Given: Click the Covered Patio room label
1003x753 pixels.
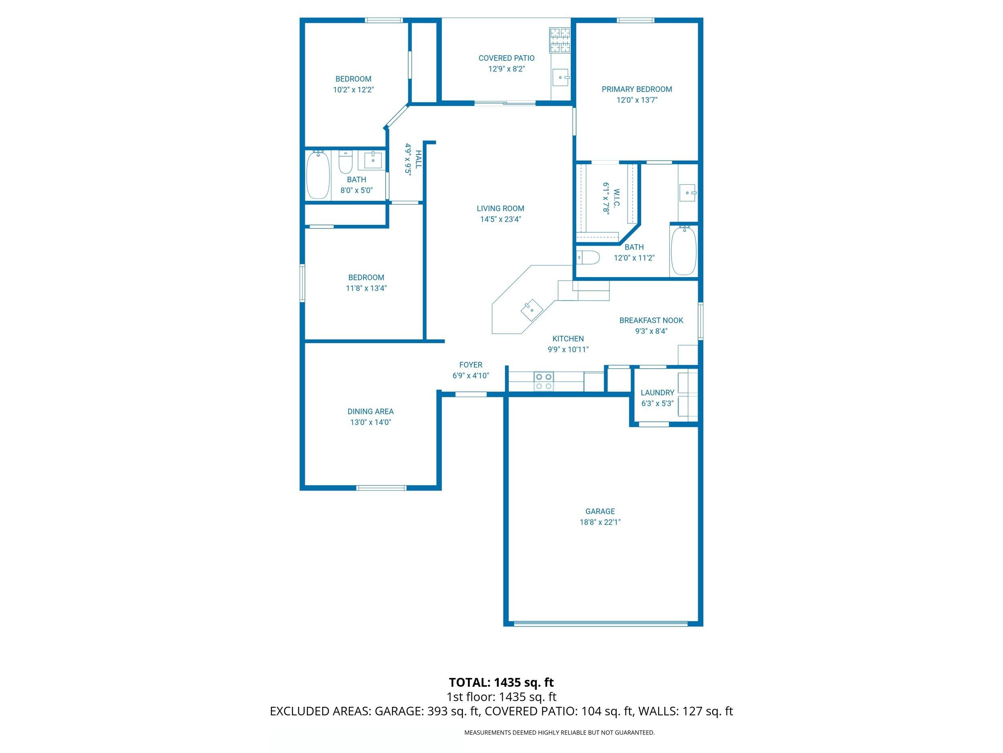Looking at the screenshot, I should (506, 58).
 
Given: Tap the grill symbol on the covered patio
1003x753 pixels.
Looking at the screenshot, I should (560, 40).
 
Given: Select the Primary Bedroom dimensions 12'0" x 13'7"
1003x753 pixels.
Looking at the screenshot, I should (637, 100).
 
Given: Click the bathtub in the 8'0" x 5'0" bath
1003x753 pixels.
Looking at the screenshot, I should (318, 175).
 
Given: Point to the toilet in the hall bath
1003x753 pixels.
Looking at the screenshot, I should (345, 163).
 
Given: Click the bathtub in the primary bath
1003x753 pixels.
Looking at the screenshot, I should (683, 251).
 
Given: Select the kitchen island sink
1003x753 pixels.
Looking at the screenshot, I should (532, 310).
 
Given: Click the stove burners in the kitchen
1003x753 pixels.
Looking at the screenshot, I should (544, 381).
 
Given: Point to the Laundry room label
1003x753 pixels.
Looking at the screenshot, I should (657, 393).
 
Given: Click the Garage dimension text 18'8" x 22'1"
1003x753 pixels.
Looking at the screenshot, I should (600, 522).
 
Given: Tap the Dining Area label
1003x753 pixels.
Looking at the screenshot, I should (370, 412).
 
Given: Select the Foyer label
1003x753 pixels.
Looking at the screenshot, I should (471, 365).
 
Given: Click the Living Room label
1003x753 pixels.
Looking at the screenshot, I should (500, 208).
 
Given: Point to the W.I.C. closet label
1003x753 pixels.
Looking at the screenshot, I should (616, 198).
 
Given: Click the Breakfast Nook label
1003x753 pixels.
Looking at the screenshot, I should (651, 320).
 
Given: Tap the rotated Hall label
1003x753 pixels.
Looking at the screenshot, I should (418, 159).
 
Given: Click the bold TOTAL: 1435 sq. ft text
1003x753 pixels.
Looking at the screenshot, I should (501, 682).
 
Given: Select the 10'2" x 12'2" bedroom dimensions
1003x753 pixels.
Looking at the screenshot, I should (353, 90).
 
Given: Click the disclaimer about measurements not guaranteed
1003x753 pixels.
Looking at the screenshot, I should (559, 732).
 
